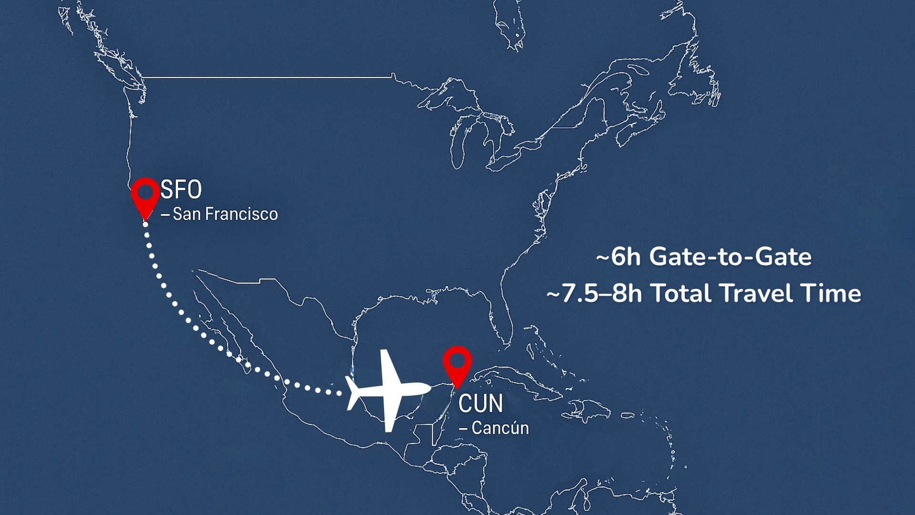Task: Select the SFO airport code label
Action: tap(181, 190)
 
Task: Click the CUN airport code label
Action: tap(480, 403)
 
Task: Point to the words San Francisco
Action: tap(225, 214)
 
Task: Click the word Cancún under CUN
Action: tap(500, 428)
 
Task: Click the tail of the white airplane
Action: tap(353, 392)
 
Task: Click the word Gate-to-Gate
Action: tap(730, 257)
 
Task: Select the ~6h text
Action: tap(618, 257)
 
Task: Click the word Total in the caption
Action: tap(682, 293)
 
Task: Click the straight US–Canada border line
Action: tap(267, 77)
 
